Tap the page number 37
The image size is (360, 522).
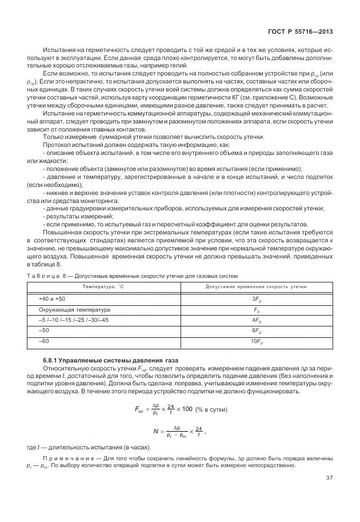329,478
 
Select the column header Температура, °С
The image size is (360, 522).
104,286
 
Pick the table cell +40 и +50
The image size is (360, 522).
52,299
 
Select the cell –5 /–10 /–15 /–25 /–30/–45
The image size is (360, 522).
73,320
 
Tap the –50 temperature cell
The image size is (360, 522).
44,331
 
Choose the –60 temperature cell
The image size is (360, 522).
44,341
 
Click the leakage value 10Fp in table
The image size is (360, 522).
256,342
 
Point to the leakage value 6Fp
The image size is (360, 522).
256,331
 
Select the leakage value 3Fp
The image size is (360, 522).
256,299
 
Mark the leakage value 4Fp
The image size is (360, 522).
256,320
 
